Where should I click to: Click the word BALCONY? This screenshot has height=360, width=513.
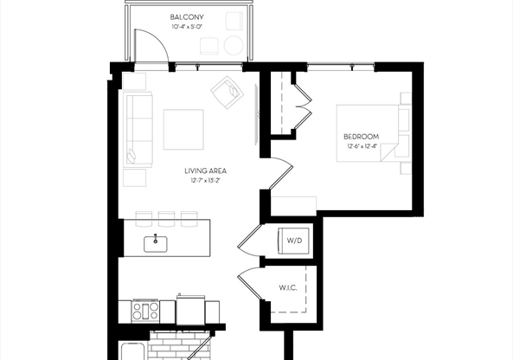[187, 16]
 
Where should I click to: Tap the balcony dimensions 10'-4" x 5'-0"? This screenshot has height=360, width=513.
[187, 27]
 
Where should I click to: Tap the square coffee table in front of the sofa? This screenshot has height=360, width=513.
[184, 128]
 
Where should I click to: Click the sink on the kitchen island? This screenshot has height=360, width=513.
[157, 241]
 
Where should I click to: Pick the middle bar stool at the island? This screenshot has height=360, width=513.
[167, 215]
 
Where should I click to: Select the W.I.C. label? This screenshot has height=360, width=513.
[288, 287]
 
